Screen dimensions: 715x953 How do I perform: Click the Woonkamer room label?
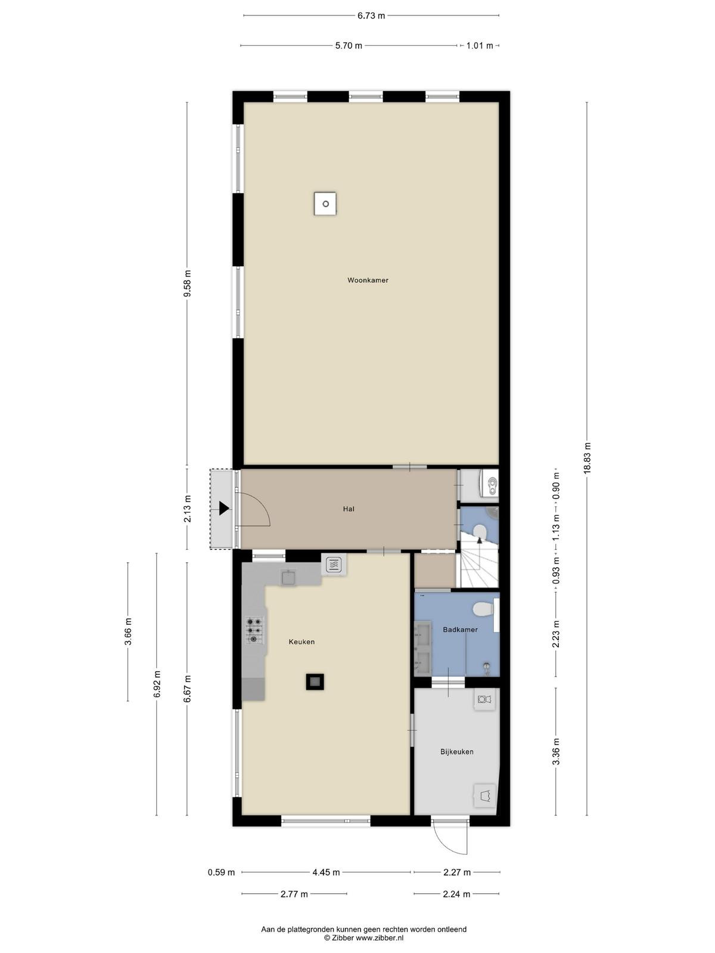368,280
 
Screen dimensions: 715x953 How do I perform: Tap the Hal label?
349,509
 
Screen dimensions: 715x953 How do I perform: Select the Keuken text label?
301,641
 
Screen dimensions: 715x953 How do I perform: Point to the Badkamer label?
460,630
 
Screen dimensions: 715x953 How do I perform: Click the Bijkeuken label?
456,752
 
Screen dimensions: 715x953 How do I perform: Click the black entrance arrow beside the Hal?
224,508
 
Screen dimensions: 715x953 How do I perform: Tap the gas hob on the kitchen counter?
254,630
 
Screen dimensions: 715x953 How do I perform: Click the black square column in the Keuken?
315,681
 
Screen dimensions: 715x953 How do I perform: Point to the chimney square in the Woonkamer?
325,204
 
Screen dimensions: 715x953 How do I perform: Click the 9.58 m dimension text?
188,284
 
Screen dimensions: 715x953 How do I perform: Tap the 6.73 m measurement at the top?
371,16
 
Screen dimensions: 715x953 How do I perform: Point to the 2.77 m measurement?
294,894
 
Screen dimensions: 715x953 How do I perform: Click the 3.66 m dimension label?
128,632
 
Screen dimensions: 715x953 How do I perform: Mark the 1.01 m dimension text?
480,46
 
